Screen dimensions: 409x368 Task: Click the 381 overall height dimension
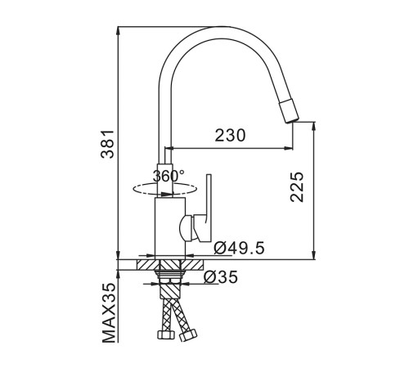107,144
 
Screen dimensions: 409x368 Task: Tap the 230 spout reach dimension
230,136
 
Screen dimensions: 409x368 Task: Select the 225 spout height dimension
297,186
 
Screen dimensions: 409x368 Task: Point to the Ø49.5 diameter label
239,248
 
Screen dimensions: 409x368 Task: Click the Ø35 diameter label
221,277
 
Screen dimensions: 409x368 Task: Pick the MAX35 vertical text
110,312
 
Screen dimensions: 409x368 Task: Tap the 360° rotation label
169,176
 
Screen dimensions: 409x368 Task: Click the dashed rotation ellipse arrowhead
167,194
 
